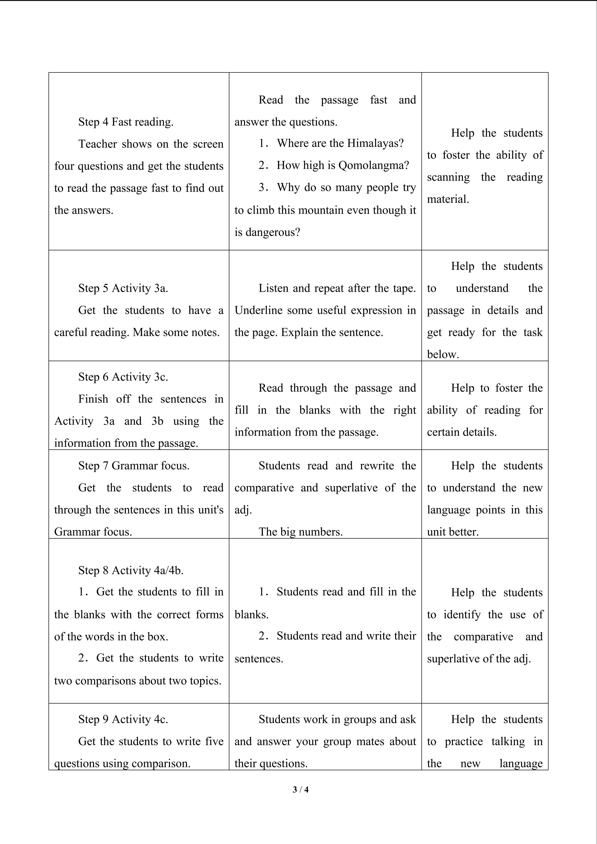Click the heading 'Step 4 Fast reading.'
(126, 122)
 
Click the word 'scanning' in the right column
(448, 177)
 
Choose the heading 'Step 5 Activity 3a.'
(123, 288)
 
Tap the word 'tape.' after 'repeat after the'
(406, 288)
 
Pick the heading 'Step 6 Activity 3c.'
(123, 377)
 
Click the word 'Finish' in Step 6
(93, 399)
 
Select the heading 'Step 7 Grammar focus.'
(134, 466)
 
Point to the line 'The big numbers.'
(300, 532)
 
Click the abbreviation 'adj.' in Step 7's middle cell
(243, 510)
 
